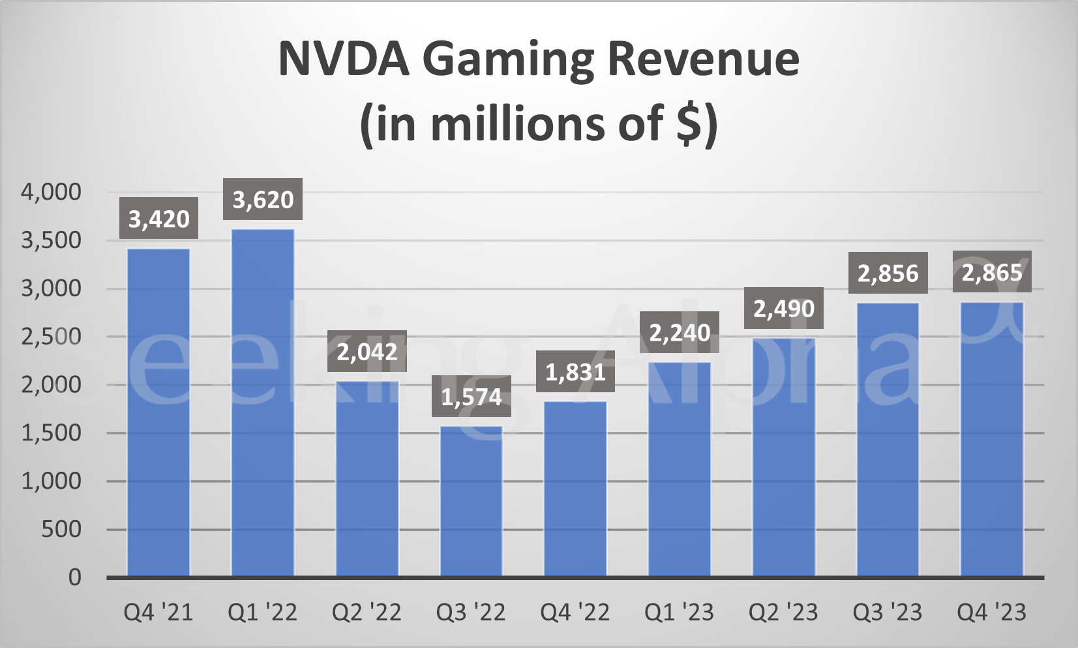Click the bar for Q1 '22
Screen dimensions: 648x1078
263,402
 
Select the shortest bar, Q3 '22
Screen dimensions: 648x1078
472,501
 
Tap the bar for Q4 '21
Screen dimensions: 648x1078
158,412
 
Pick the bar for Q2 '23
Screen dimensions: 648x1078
784,457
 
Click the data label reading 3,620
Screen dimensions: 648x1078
263,199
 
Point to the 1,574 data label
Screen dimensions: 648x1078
472,397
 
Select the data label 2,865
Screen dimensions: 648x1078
992,272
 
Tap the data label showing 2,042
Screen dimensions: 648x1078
367,352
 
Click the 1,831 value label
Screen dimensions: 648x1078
575,372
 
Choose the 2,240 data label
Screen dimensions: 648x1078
680,333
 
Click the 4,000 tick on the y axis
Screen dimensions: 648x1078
51,192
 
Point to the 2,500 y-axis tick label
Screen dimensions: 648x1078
51,337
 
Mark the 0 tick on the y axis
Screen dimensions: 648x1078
74,578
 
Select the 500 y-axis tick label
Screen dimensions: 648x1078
61,529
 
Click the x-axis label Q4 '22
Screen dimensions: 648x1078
575,612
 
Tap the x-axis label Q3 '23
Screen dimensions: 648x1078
888,612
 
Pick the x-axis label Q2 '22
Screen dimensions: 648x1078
367,612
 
